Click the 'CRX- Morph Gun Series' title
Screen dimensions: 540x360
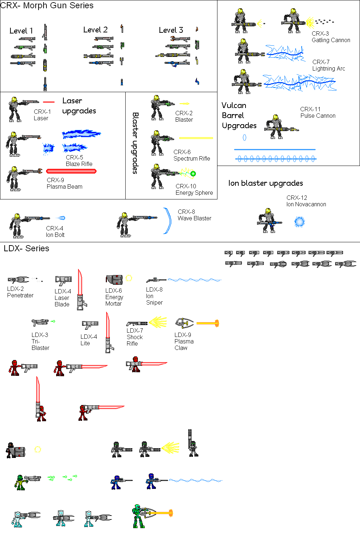[47, 6]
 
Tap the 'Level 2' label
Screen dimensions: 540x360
[95, 30]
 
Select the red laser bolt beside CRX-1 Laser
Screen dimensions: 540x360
[49, 102]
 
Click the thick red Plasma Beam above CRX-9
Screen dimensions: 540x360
[71, 171]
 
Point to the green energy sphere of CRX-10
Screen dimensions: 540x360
[193, 174]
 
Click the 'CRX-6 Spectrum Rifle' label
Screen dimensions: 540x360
[192, 155]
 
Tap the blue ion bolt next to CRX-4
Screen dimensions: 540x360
[61, 218]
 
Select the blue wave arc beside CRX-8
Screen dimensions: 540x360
[168, 221]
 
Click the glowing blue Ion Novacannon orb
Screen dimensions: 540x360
[300, 222]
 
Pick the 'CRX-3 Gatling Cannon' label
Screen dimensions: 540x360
[330, 37]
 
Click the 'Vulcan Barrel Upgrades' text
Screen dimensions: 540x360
[239, 116]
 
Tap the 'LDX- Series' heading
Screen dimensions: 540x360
[26, 248]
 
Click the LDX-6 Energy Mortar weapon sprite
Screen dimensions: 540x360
[114, 280]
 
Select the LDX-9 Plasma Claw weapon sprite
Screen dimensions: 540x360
[184, 323]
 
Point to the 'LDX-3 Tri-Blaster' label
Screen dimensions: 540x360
[40, 341]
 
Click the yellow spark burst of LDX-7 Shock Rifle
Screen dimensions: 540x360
[158, 322]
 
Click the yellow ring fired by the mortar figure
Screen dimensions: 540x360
[38, 449]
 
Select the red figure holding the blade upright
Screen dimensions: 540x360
[41, 413]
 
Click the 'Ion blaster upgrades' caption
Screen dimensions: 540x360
[265, 183]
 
